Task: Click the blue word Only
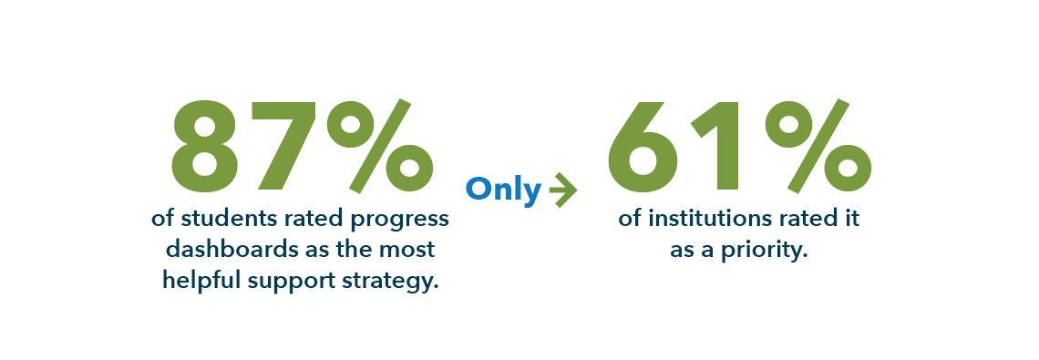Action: click(504, 190)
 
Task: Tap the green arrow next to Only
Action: click(562, 190)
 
